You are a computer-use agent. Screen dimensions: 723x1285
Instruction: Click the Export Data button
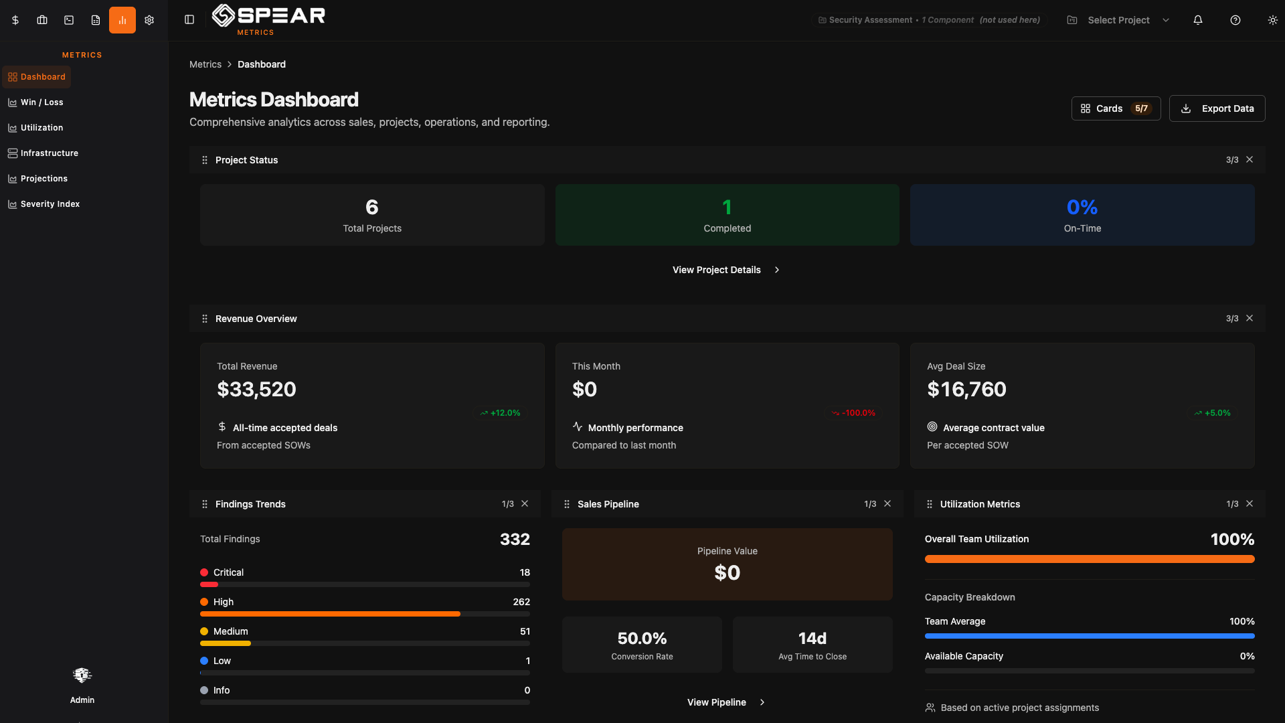1217,108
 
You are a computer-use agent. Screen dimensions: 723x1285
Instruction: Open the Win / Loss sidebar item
41,102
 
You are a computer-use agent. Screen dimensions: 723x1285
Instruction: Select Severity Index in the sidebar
50,204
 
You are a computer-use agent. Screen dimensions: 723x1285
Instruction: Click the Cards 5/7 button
1116,108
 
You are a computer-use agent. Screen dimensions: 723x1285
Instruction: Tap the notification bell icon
1198,20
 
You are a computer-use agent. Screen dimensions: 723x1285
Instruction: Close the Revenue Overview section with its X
1250,319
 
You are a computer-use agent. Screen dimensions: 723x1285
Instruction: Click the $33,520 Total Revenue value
256,390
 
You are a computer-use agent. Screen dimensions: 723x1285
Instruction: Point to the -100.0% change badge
853,413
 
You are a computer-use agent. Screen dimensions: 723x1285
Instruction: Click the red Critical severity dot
204,572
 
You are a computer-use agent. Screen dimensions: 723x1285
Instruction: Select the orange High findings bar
330,614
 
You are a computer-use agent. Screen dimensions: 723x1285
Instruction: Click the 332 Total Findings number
515,540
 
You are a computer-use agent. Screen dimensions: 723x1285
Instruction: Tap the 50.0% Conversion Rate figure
642,639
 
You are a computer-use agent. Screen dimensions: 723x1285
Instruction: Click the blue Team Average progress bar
1089,636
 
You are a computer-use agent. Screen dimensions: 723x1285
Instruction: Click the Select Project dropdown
1118,20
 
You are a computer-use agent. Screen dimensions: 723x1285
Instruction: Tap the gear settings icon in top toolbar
149,20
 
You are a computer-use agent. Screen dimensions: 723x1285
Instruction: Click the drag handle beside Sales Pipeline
567,504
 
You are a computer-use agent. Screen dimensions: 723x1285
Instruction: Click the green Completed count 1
727,208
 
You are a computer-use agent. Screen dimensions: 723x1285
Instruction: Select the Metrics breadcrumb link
205,64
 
